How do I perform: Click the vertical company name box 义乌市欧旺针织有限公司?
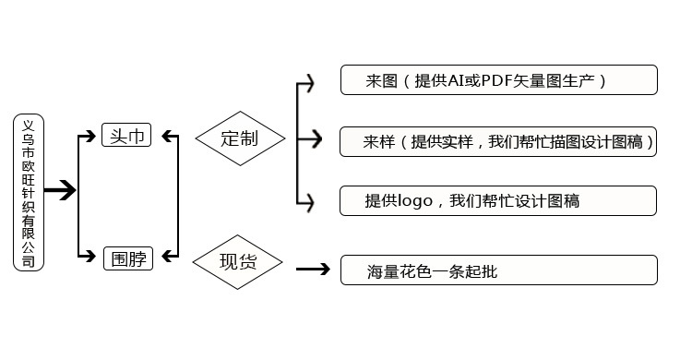29,192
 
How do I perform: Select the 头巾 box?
126,135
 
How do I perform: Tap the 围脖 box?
128,258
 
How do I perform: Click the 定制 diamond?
240,138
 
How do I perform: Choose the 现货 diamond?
237,262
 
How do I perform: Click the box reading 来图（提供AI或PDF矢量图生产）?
499,80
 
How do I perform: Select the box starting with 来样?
498,142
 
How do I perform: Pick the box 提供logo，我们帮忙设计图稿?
498,201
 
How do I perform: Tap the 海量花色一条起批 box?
499,270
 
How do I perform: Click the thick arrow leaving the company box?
60,190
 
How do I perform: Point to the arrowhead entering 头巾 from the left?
91,136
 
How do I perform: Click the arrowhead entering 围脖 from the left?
91,256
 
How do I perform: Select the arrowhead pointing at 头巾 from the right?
167,136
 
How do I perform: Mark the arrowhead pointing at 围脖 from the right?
167,256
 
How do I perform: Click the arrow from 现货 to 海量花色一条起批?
313,269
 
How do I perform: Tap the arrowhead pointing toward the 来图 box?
309,83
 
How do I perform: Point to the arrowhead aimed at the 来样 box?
316,139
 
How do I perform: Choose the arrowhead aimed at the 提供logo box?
309,203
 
